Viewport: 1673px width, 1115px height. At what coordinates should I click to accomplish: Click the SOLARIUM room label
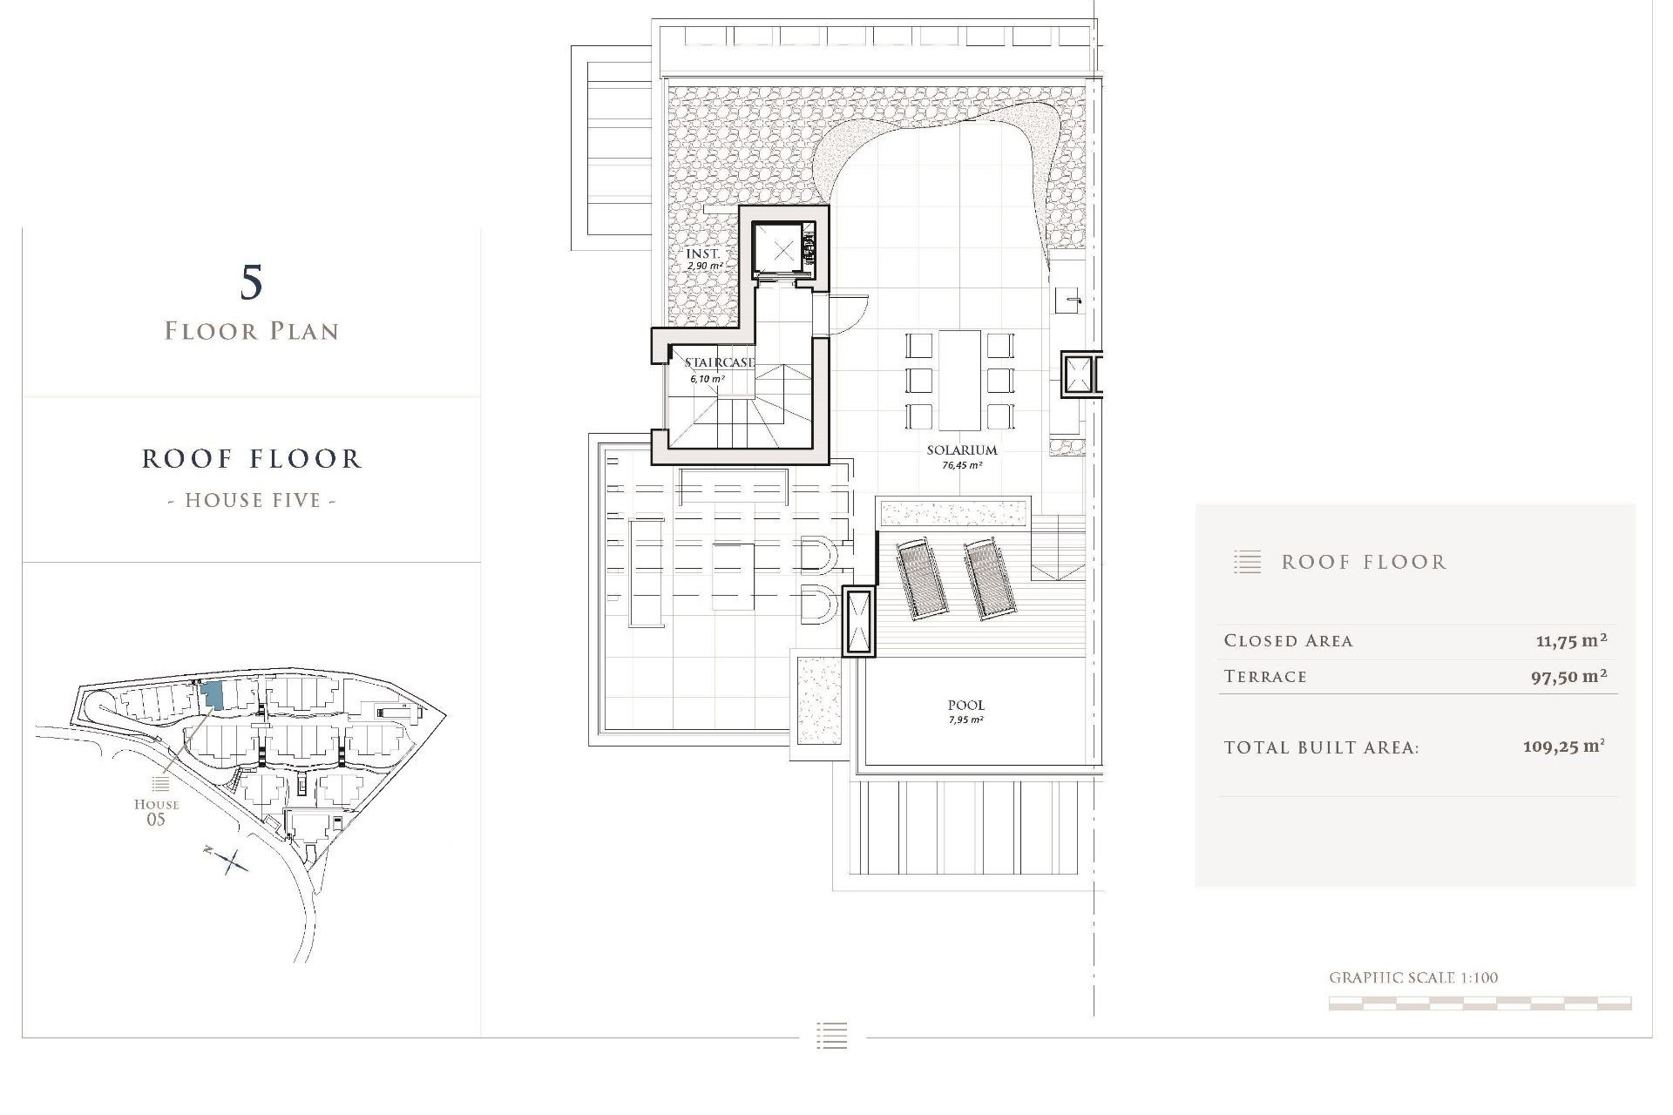[x=961, y=450]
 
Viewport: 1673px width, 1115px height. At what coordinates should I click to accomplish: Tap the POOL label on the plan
[x=965, y=706]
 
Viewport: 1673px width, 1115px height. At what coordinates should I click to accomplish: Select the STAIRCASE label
[x=719, y=362]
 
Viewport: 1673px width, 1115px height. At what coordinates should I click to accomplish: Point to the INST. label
[x=703, y=253]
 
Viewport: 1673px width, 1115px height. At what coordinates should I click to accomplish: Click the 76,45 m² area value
[x=962, y=466]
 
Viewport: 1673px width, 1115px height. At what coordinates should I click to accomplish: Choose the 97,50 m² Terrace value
[x=1568, y=677]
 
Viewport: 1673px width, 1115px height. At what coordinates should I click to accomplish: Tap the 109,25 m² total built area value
[x=1563, y=747]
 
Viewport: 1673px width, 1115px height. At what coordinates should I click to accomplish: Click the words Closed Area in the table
[x=1288, y=641]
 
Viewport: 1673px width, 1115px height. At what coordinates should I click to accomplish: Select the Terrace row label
[x=1265, y=677]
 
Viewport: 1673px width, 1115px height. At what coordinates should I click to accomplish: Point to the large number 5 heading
[x=251, y=283]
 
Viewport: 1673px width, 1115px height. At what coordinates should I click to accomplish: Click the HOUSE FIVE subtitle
[x=252, y=501]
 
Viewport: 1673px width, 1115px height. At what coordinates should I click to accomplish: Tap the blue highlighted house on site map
[x=212, y=695]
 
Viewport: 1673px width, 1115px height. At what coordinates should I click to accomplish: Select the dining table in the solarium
[x=959, y=380]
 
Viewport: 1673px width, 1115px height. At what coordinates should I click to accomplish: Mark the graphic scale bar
[x=1480, y=1003]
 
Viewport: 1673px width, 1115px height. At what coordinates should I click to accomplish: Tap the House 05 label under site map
[x=156, y=812]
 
